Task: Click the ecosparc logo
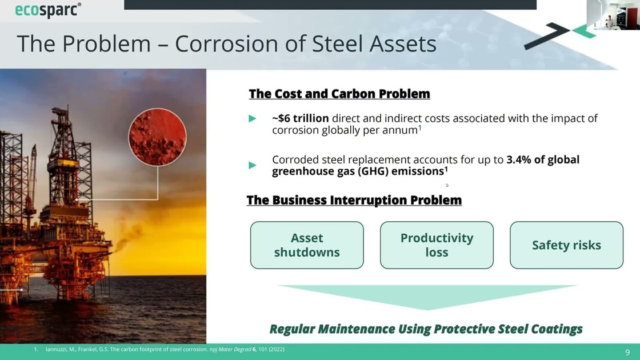[x=48, y=10]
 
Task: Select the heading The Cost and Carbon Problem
[x=339, y=94]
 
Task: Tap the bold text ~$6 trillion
[x=301, y=118]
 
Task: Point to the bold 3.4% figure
[x=519, y=159]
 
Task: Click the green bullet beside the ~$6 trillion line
[x=252, y=118]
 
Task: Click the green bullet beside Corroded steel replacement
[x=252, y=165]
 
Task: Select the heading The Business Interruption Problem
[x=354, y=200]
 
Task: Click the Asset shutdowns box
[x=307, y=245]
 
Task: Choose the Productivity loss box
[x=437, y=245]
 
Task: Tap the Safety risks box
[x=566, y=245]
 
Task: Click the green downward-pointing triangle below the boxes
[x=427, y=295]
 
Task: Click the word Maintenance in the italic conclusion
[x=357, y=329]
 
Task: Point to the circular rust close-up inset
[x=158, y=137]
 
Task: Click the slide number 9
[x=627, y=352]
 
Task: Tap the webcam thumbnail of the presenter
[x=614, y=15]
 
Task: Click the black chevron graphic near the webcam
[x=546, y=36]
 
